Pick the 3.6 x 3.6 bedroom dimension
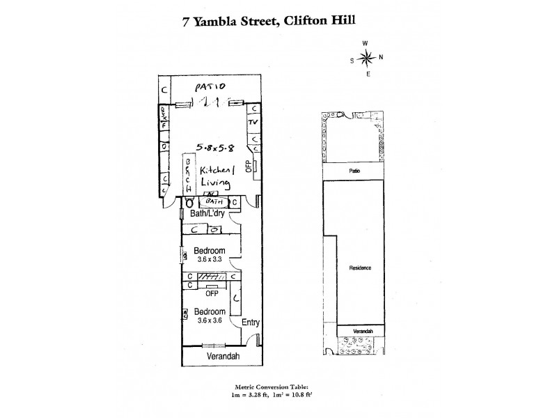(208, 320)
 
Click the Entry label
(251, 323)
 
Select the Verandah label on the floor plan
(223, 356)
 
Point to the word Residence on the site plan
(361, 268)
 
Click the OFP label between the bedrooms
(212, 293)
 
